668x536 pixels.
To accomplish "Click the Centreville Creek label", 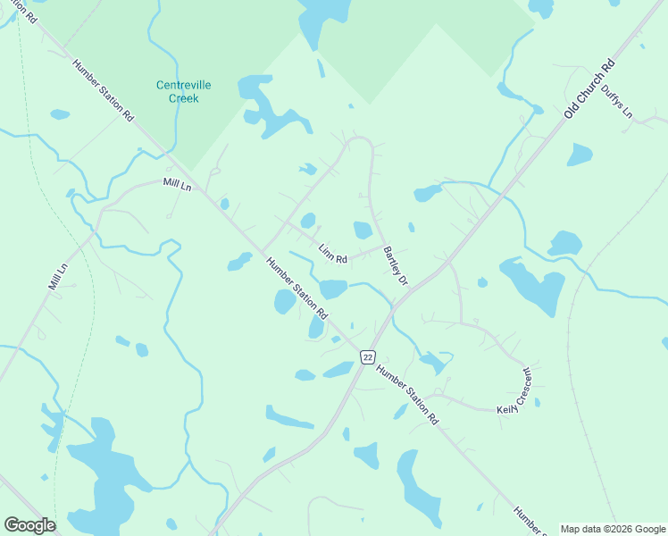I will [x=184, y=91].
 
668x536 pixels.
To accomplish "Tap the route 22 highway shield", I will [x=367, y=356].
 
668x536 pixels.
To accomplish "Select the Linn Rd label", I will [x=333, y=253].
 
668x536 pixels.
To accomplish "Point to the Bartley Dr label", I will [x=395, y=266].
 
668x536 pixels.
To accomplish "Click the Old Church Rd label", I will [x=590, y=89].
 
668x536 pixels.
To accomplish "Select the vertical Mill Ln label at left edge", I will [x=58, y=277].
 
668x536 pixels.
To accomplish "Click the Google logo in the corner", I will [x=29, y=525].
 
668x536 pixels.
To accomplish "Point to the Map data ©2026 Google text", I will [x=613, y=529].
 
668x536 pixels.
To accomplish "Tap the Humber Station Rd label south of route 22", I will [x=407, y=394].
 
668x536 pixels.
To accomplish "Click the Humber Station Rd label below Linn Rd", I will [x=297, y=289].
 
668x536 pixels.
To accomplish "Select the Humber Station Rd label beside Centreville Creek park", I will [x=103, y=90].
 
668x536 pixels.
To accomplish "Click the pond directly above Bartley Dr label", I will [x=362, y=230].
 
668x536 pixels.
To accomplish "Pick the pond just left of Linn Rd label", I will [x=308, y=221].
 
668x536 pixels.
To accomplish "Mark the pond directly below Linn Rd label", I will [x=333, y=289].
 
